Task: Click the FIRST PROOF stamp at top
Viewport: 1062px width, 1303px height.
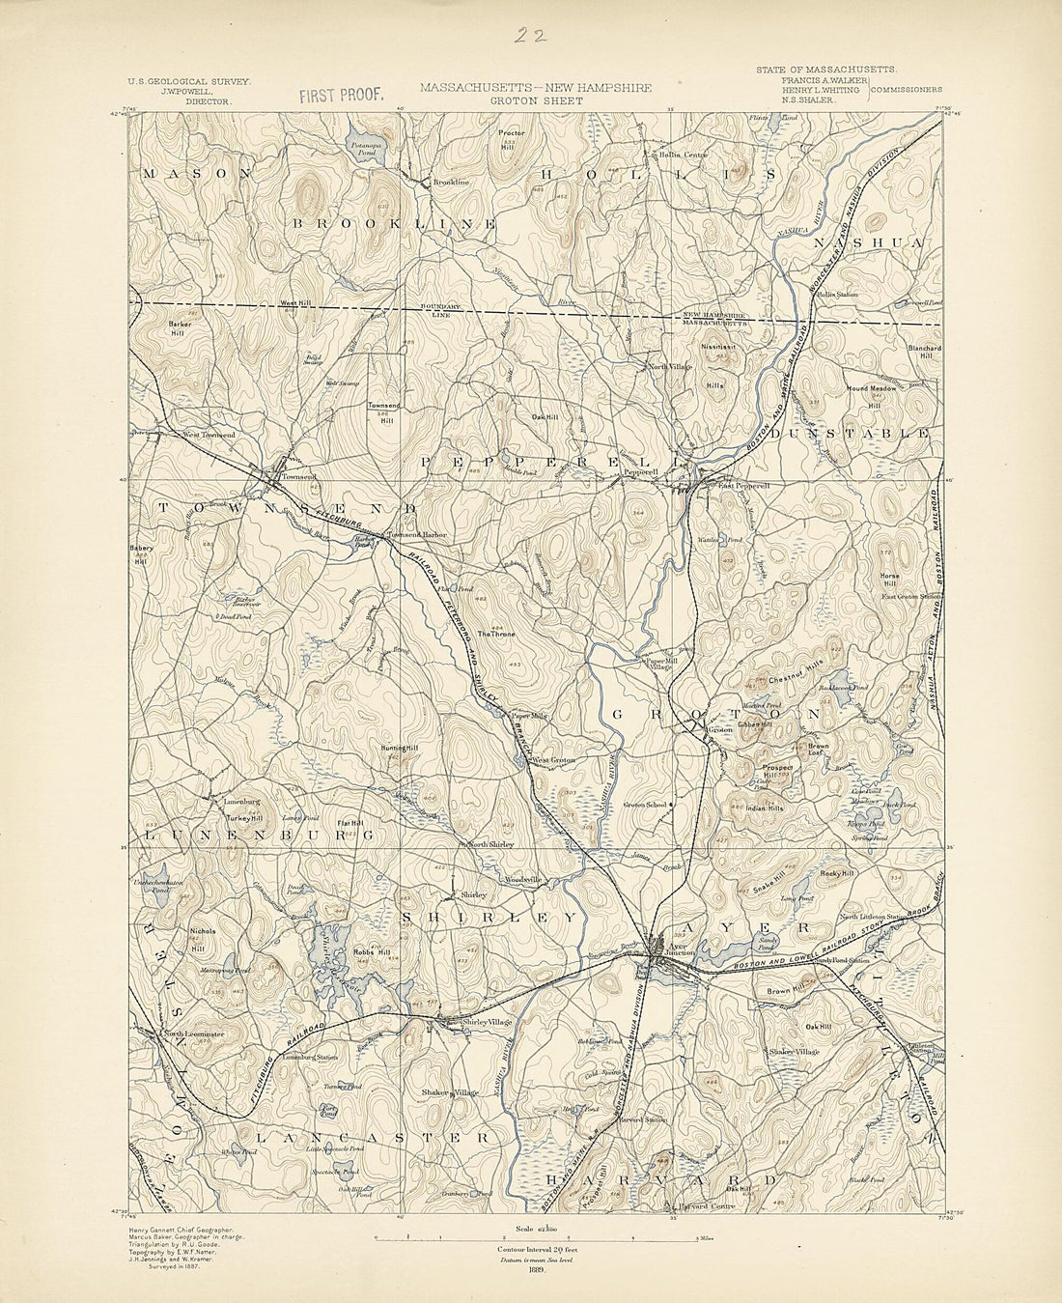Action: tap(342, 95)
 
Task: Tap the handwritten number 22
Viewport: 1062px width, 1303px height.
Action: tap(529, 36)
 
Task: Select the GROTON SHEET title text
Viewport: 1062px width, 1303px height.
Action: tap(535, 99)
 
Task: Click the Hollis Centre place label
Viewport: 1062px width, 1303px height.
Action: tap(684, 154)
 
